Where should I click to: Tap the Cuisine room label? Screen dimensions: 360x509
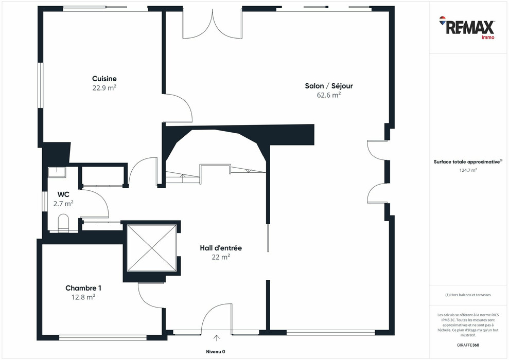tap(104, 79)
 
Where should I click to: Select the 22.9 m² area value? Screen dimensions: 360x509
tap(104, 87)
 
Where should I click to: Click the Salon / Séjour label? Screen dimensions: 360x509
tap(329, 86)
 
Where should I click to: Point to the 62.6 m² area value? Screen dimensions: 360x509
tap(329, 95)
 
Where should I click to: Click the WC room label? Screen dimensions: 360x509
tap(64, 194)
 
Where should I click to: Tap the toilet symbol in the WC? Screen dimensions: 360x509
tap(64, 223)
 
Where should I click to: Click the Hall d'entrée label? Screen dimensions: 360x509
tap(221, 248)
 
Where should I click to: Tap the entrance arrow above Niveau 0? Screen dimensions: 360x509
tap(217, 338)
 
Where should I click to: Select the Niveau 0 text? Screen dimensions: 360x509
tap(212, 352)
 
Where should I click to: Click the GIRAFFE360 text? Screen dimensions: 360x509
tap(468, 345)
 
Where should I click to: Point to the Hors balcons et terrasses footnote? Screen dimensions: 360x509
tap(468, 295)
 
